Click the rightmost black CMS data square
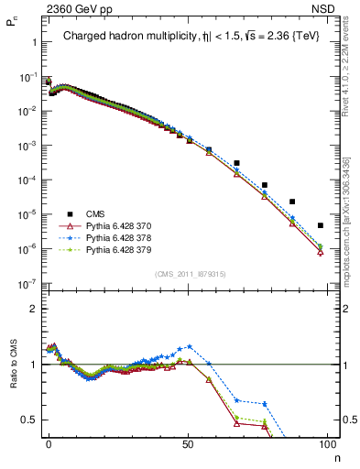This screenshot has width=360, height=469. click(320, 225)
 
